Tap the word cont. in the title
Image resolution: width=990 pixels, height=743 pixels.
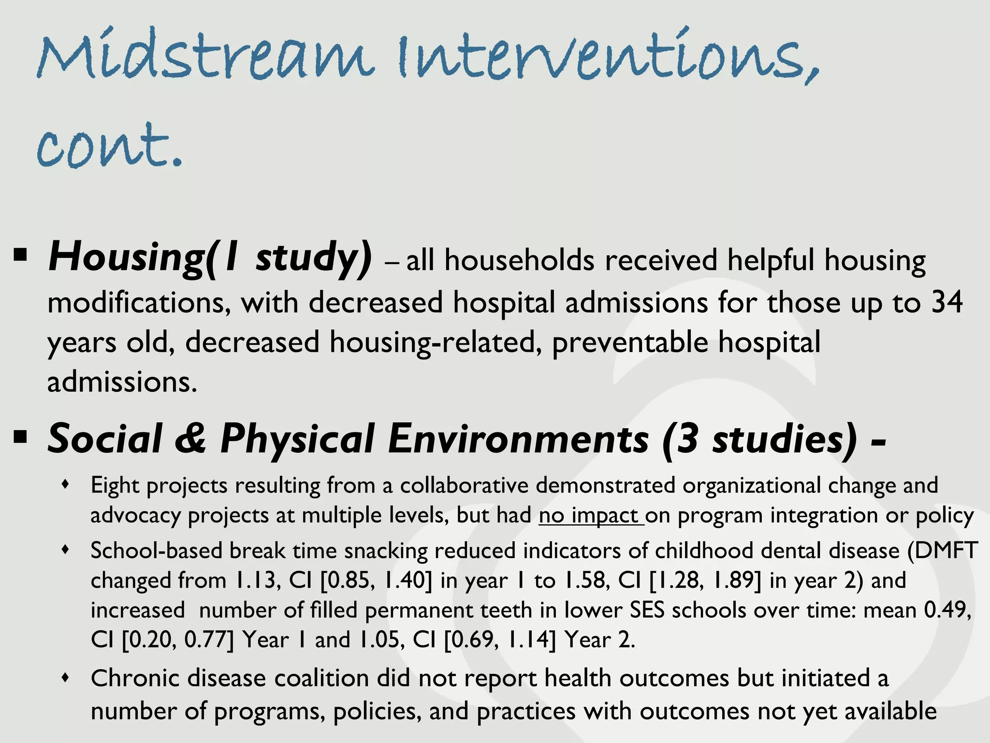110,145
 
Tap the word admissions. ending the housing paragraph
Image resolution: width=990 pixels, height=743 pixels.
122,382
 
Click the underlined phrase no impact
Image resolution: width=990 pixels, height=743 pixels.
591,515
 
